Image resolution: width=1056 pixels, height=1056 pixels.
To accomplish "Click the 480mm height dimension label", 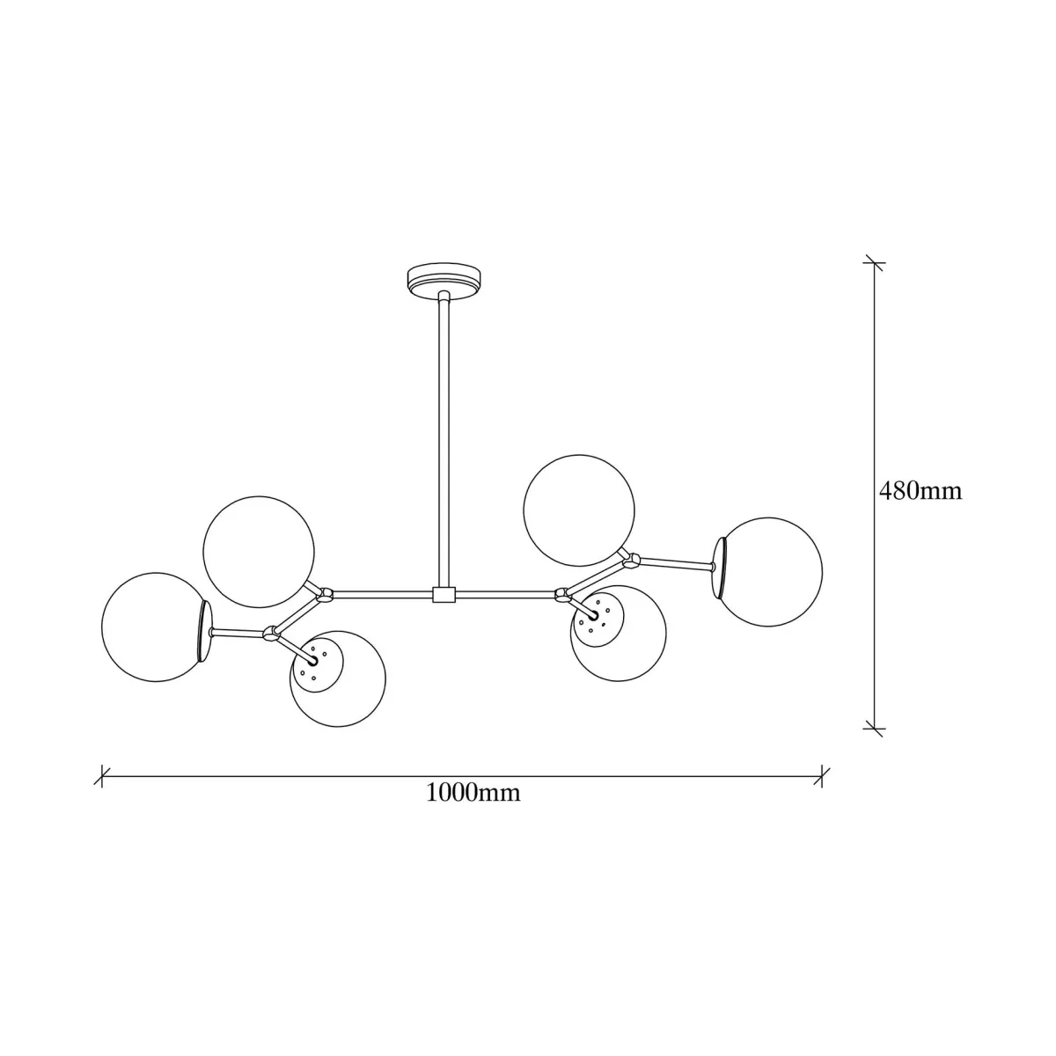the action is click(920, 491).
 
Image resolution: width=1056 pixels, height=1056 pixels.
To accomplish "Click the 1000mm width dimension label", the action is click(473, 792).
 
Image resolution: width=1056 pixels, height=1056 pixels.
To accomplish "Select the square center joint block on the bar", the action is click(444, 595).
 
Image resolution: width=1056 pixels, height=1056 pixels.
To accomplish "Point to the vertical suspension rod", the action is click(444, 439).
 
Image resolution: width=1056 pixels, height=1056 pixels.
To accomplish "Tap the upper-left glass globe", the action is click(259, 552).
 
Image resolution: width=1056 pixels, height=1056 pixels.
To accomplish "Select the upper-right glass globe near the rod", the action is click(579, 510).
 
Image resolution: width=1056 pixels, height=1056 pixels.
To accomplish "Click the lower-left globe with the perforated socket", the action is click(338, 679).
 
